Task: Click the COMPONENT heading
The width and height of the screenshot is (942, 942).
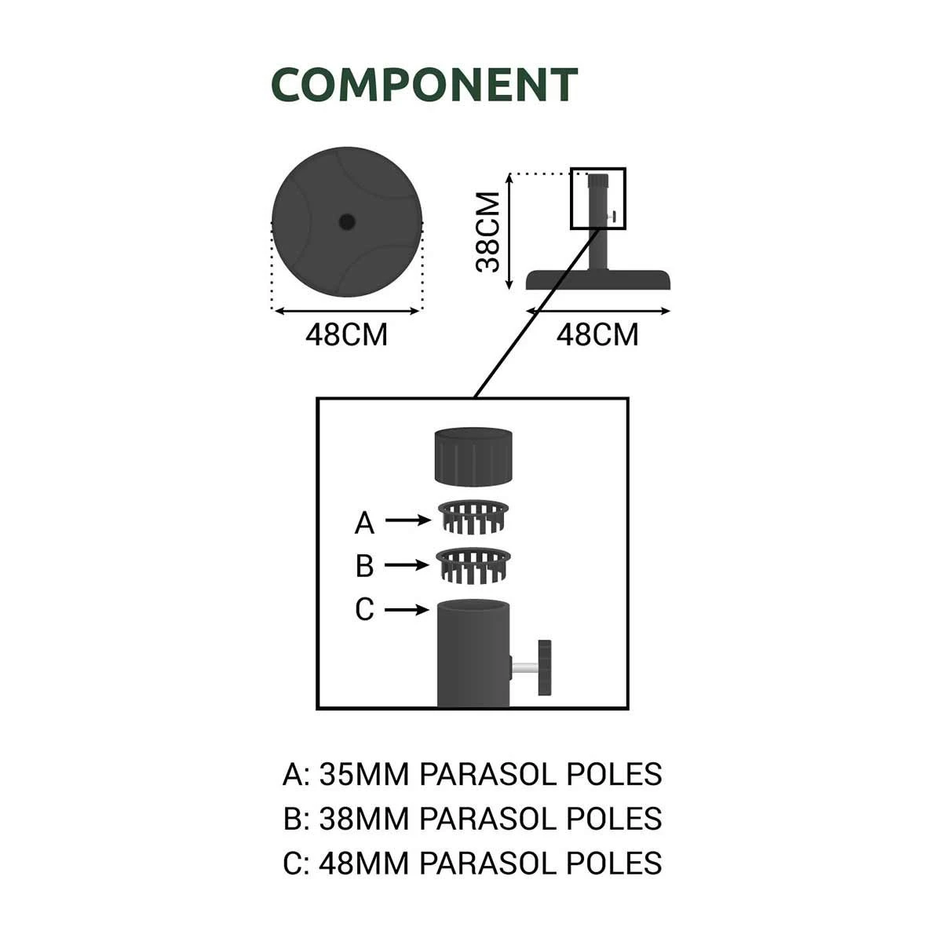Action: [424, 85]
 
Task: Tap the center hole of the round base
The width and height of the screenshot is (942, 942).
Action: [346, 222]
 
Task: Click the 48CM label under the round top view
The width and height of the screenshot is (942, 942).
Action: [346, 335]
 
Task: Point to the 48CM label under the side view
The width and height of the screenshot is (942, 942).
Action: [597, 335]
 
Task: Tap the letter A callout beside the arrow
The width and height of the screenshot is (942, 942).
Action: [364, 522]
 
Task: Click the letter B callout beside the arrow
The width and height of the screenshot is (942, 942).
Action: [364, 565]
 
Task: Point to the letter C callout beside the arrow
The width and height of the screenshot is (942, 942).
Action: [364, 609]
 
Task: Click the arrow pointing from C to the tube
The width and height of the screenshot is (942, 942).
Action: [407, 609]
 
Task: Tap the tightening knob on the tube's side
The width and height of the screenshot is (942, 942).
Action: [544, 668]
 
